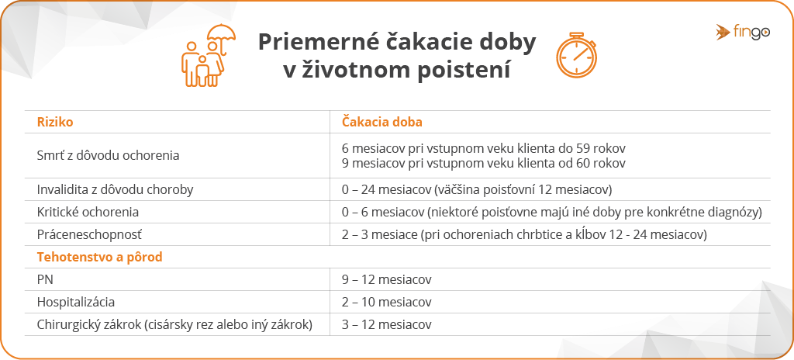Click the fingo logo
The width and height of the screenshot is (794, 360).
[743, 32]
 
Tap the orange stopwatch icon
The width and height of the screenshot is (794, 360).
[576, 56]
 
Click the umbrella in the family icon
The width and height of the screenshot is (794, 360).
[222, 36]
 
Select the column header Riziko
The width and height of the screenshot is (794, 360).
[55, 122]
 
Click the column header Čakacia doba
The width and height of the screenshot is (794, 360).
[381, 122]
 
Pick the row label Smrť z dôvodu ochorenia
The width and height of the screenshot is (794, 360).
[108, 156]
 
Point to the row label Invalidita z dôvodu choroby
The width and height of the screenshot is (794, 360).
[115, 189]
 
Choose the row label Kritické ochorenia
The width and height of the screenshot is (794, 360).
[88, 212]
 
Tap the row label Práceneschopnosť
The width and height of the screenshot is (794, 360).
[90, 235]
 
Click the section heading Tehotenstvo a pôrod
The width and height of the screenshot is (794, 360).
[100, 257]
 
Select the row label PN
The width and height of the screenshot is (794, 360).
[45, 279]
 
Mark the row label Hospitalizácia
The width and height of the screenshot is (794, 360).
[76, 302]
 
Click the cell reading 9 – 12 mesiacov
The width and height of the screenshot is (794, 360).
[386, 280]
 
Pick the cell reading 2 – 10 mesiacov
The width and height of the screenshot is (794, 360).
[386, 302]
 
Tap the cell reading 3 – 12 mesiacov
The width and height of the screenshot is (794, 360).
[386, 324]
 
